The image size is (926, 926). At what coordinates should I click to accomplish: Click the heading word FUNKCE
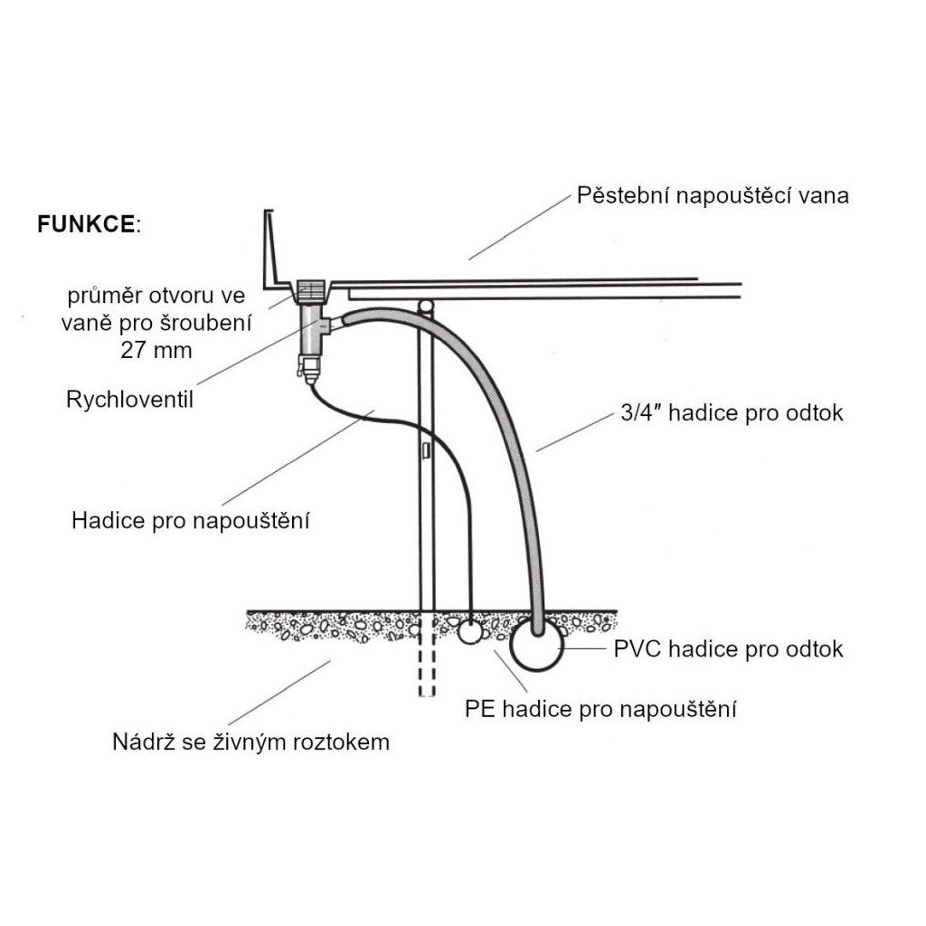click(x=86, y=223)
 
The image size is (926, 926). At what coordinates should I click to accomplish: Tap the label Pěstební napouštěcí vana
click(x=713, y=195)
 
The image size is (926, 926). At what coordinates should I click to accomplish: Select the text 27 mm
click(x=156, y=350)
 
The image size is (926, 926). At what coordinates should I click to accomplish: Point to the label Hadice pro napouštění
click(x=191, y=521)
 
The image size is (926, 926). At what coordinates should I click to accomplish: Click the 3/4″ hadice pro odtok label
click(x=733, y=413)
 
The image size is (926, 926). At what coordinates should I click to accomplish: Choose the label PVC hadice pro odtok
click(x=728, y=648)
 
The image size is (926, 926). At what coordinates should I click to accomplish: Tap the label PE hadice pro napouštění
click(x=600, y=709)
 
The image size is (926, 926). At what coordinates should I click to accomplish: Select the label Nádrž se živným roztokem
click(x=250, y=742)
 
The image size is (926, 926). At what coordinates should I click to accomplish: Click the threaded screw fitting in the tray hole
click(x=312, y=292)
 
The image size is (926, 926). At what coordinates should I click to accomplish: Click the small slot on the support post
click(x=424, y=449)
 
